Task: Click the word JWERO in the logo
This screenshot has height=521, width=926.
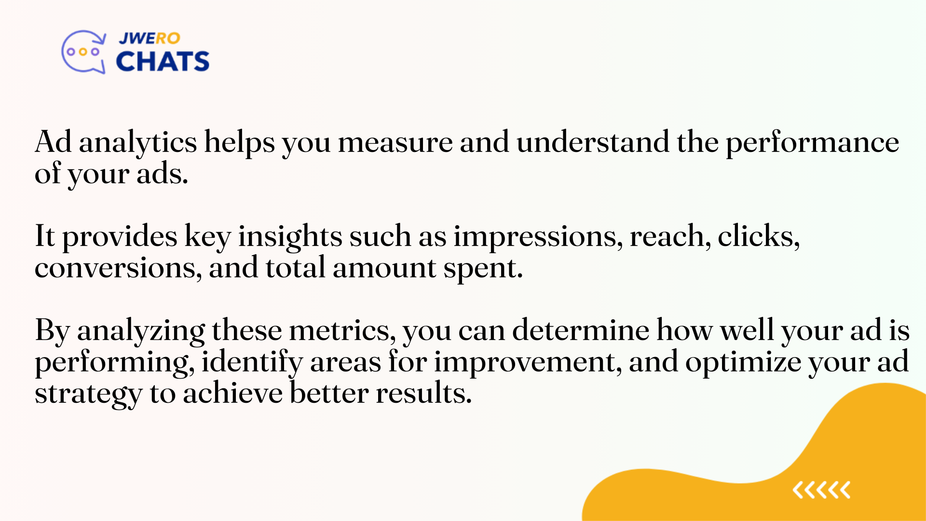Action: (150, 38)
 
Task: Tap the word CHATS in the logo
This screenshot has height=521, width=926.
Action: (163, 61)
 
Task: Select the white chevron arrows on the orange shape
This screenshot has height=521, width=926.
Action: (821, 490)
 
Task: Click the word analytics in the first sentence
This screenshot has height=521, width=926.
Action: (138, 143)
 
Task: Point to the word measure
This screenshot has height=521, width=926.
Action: (395, 143)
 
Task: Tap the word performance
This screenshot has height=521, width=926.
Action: (812, 143)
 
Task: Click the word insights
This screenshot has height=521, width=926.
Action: (290, 237)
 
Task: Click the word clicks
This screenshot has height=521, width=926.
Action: (758, 236)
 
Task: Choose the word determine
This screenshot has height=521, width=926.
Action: (581, 330)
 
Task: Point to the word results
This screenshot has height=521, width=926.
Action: (423, 393)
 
